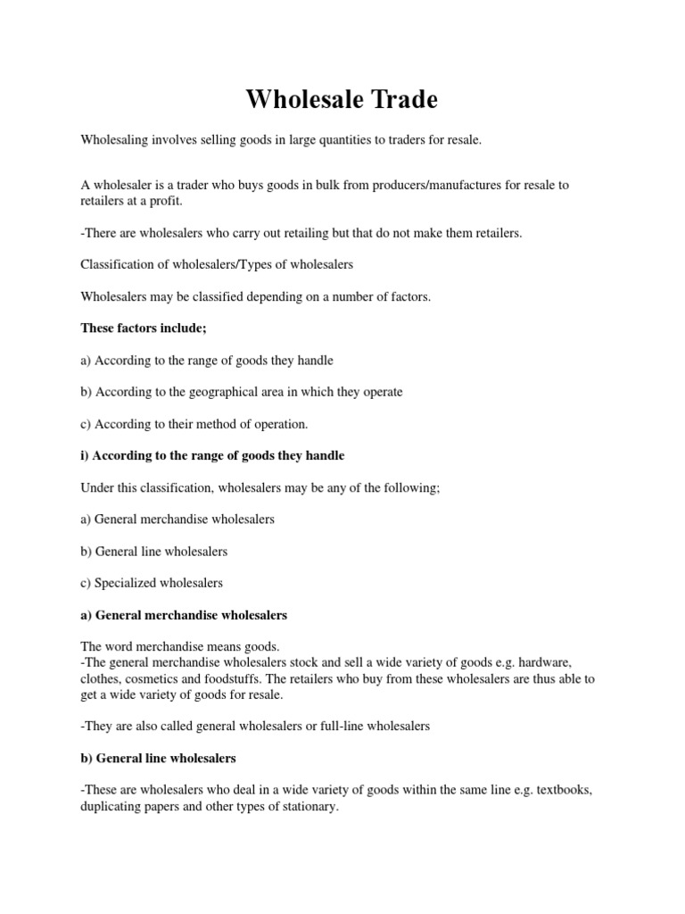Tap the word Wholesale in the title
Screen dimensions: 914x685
click(x=300, y=100)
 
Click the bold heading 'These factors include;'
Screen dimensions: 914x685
click(x=144, y=328)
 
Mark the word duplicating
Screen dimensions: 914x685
click(x=113, y=806)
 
